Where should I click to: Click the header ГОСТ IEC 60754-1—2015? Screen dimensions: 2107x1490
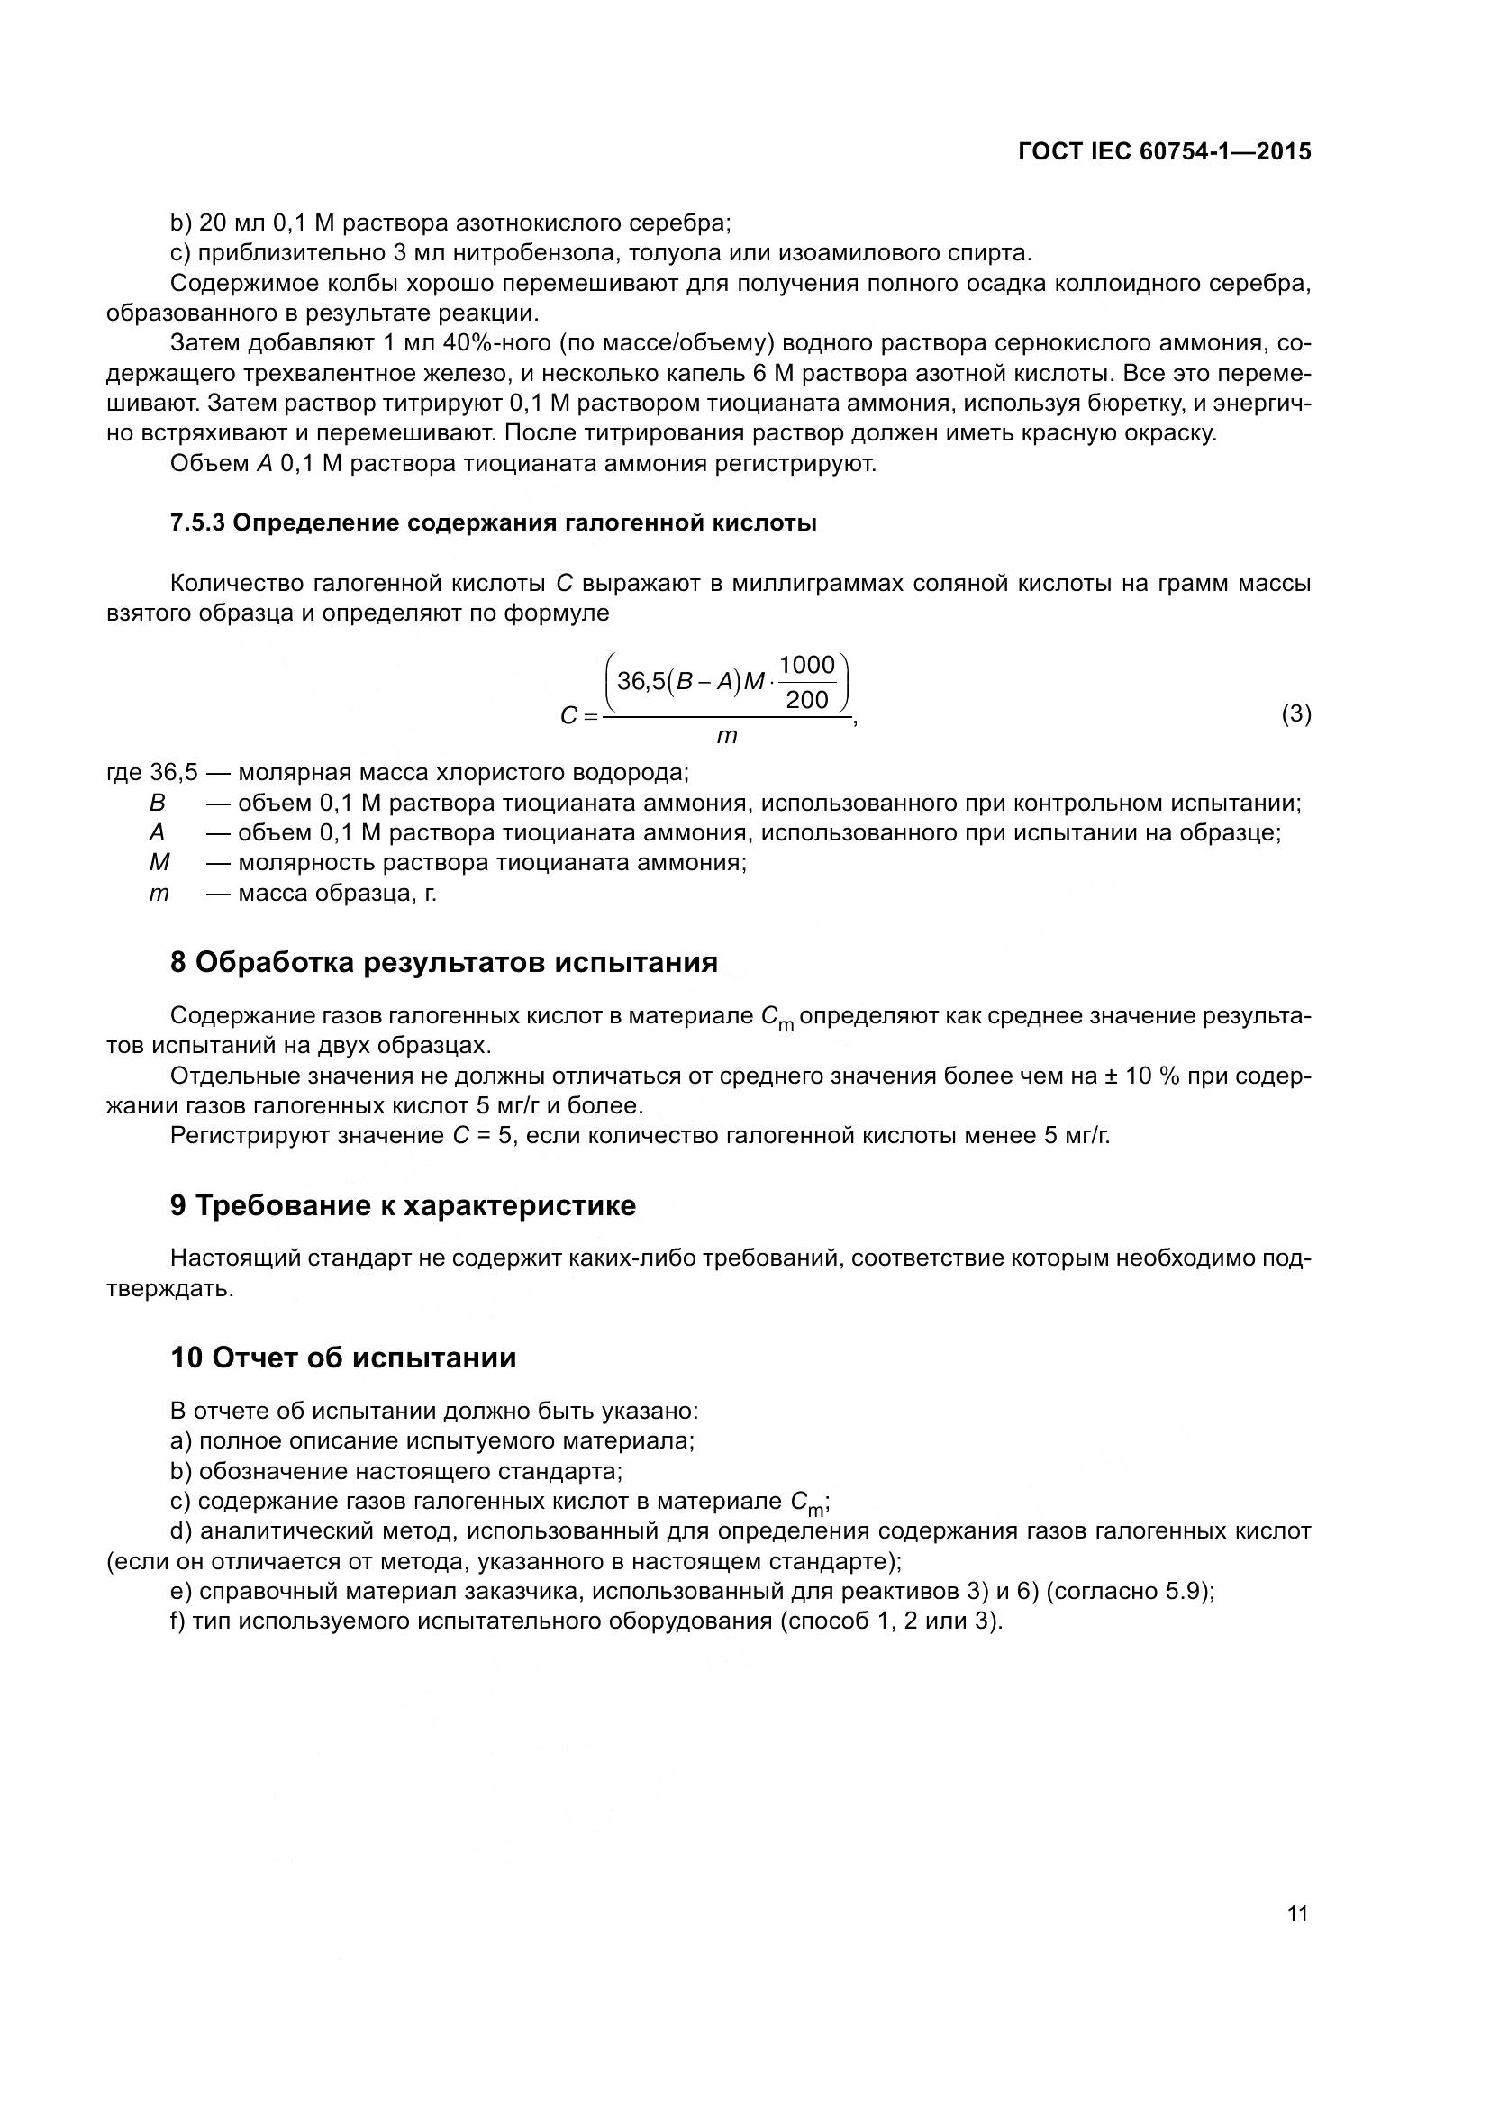[x=1164, y=152]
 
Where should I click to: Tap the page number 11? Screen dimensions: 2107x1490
[x=1297, y=1914]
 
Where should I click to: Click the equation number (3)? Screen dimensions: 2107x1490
[x=1295, y=714]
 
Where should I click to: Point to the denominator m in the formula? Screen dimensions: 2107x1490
[x=727, y=736]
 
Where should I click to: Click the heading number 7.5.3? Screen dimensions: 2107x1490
[x=197, y=523]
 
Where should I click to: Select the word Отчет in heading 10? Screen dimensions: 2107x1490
[x=258, y=1358]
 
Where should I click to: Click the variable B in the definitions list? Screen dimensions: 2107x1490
[x=157, y=803]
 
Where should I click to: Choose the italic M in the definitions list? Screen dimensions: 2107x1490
[x=159, y=863]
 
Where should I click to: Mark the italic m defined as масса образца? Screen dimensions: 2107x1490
[x=159, y=893]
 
